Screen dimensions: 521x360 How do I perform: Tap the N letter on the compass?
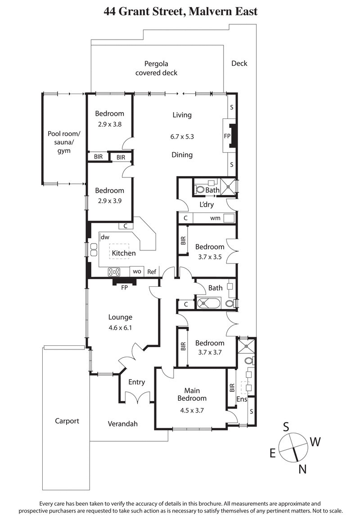coord(303,469)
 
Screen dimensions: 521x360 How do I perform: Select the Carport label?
coord(67,421)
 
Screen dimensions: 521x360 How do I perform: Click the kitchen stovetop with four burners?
coord(114,272)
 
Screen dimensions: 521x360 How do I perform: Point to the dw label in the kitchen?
coord(105,237)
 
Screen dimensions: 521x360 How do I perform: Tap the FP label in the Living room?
coord(227,135)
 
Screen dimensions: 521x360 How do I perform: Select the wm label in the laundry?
coord(215,218)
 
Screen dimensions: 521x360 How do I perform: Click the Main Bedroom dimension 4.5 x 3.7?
coord(192,410)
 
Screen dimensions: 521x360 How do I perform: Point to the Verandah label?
coord(123,424)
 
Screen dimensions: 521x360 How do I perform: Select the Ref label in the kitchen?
coord(152,272)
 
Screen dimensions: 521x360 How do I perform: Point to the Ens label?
coord(242,399)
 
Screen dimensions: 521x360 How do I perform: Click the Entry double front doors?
coord(136,397)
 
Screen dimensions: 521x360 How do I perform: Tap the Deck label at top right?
coord(239,63)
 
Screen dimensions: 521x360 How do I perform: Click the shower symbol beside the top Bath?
coord(229,186)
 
